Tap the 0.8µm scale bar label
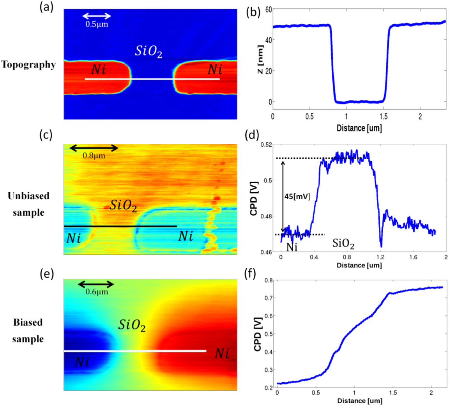coord(94,156)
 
